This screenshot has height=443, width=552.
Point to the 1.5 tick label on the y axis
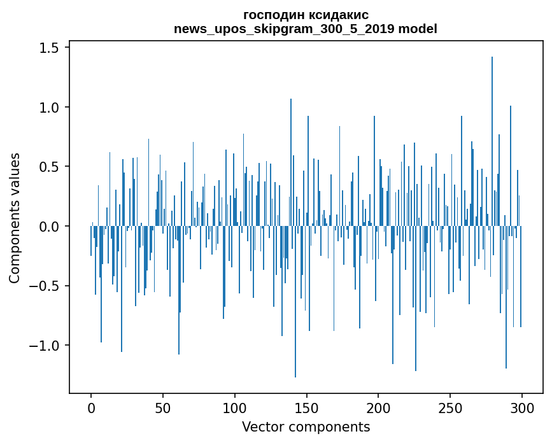coord(50,48)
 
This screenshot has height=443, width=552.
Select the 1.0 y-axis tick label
coord(50,108)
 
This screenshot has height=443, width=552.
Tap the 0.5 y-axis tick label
coord(50,167)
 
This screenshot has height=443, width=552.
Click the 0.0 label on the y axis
coord(50,227)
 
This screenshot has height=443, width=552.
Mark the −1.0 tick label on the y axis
coord(46,346)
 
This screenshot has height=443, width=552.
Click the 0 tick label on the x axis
coord(91,407)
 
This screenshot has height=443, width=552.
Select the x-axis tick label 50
coord(163,407)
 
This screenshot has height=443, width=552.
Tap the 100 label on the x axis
coord(235,407)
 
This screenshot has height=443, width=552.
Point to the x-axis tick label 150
coord(307,407)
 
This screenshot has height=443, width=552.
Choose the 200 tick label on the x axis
coord(379,407)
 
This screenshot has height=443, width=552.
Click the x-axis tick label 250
coord(451,407)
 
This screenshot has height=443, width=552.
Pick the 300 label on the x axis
coord(522,407)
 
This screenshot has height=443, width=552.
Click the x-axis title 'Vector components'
coord(306,426)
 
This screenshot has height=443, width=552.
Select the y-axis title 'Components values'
coord(15,218)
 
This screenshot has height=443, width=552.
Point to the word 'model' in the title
coord(420,29)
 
